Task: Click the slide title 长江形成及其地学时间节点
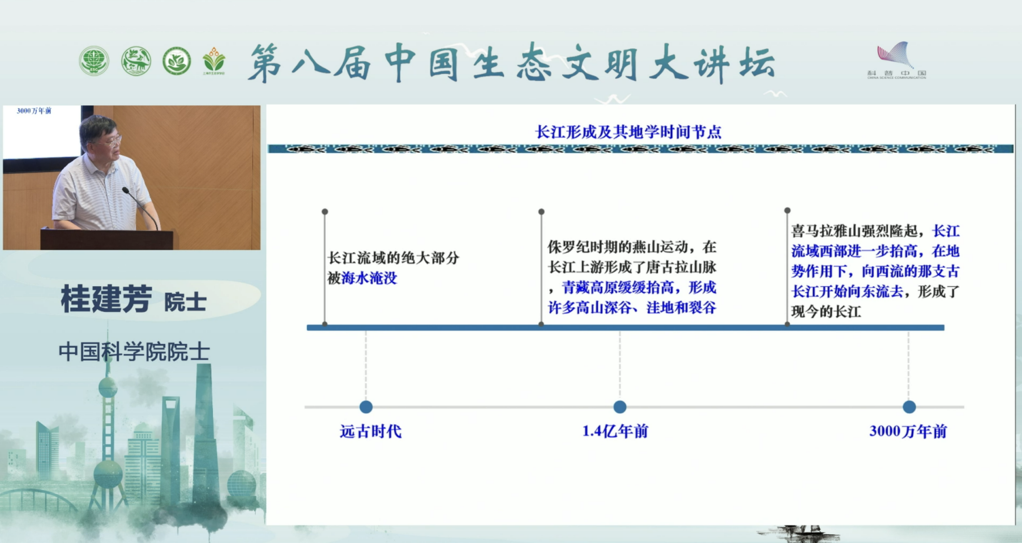[627, 132]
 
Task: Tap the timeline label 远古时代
[370, 431]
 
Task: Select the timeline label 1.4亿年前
[615, 431]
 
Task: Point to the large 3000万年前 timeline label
[908, 431]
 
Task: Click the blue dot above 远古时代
[366, 407]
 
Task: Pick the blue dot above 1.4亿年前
[620, 407]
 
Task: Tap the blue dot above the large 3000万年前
[909, 407]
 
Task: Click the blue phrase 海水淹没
[369, 278]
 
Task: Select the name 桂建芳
[107, 299]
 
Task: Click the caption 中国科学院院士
[134, 352]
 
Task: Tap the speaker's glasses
[113, 140]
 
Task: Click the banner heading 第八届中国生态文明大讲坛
[512, 63]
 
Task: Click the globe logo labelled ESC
[94, 61]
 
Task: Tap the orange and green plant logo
[213, 61]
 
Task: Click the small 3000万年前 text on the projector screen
[34, 110]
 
